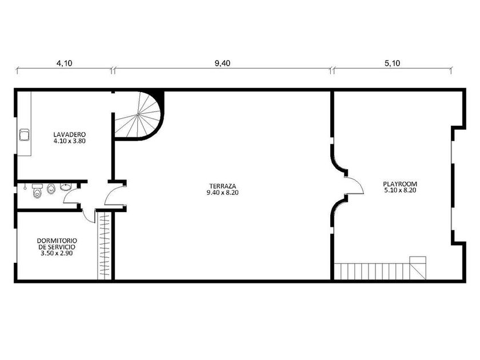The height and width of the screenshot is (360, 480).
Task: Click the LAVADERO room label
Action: click(70, 138)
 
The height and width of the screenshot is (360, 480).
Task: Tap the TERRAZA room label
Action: click(222, 189)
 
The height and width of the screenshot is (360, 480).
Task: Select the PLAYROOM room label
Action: click(400, 187)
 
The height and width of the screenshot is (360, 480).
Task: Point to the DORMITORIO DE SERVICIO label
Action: click(57, 247)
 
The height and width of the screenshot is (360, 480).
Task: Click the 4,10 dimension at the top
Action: click(64, 63)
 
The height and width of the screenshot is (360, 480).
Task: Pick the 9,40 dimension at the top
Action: click(222, 63)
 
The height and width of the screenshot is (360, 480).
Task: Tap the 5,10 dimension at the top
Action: click(392, 63)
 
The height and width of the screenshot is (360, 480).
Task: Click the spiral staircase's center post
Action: click(138, 114)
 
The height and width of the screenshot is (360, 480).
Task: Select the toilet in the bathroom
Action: click(37, 191)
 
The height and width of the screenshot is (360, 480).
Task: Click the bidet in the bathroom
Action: click(51, 189)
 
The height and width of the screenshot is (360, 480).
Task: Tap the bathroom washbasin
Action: click(66, 187)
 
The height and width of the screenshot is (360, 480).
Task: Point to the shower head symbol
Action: click(25, 187)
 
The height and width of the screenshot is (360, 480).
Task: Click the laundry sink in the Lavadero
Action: click(25, 135)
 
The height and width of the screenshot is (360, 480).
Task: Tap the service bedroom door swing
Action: click(87, 218)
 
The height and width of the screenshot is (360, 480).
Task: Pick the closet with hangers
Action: click(105, 245)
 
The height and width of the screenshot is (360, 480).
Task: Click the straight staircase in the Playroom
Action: click(380, 271)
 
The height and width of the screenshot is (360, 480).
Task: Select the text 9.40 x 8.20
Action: click(222, 193)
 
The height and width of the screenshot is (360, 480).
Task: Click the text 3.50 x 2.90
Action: click(57, 253)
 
